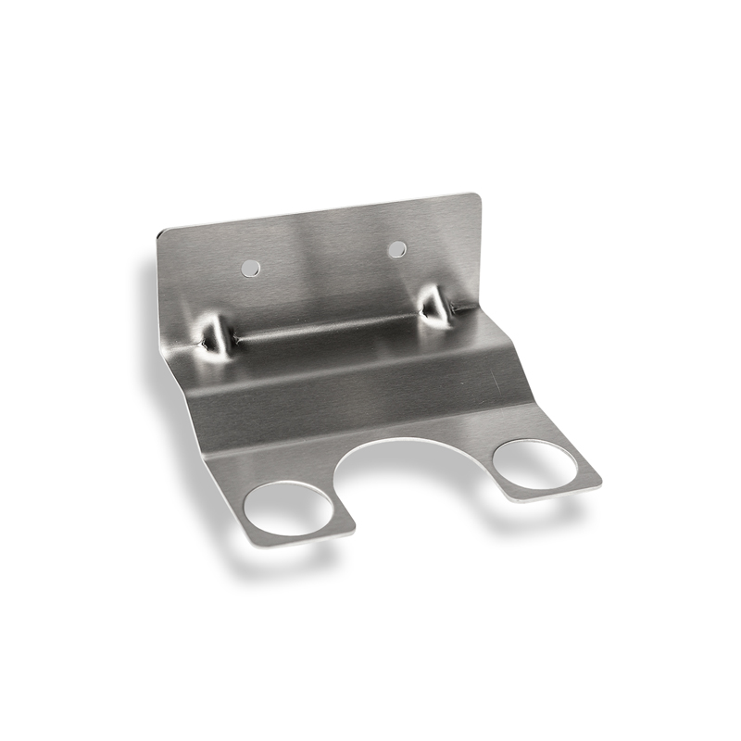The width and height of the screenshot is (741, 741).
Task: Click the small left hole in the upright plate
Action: click(250, 268)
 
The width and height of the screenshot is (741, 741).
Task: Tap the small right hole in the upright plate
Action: click(396, 248)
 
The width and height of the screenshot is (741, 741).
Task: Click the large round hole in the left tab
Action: click(288, 508)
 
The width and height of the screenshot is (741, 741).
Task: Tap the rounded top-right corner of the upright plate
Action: click(475, 197)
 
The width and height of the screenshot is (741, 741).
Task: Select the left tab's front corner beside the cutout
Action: click(352, 531)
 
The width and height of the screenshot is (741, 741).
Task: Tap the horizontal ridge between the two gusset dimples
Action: click(324, 326)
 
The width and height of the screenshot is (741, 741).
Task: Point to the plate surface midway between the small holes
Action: click(323, 258)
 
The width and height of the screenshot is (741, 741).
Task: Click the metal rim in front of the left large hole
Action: click(301, 536)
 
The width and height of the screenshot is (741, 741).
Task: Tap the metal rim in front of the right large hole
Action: click(556, 492)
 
